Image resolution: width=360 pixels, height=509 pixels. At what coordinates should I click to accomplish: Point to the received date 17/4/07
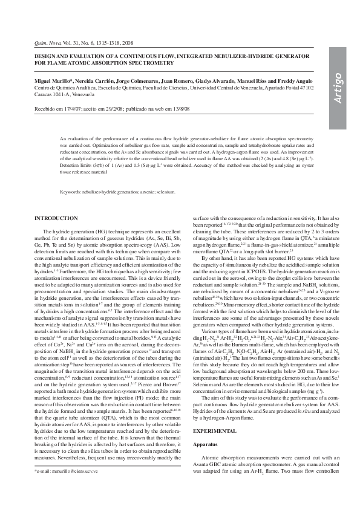[75, 109]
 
